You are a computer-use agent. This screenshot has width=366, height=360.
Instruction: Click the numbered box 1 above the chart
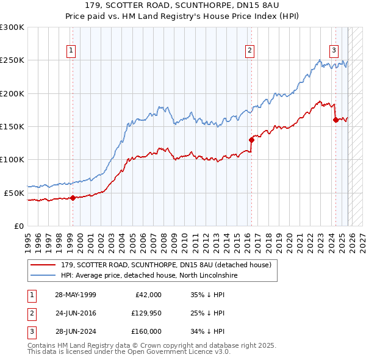[x=72, y=51]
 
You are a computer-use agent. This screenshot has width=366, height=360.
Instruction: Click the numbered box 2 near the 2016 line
[x=250, y=51]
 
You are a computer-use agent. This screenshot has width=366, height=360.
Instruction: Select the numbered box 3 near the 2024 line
[x=334, y=51]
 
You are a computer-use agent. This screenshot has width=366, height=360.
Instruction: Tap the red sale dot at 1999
[x=73, y=198]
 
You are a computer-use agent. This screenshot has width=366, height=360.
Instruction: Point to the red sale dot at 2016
[x=251, y=140]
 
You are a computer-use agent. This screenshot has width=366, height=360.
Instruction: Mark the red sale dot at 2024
[x=335, y=120]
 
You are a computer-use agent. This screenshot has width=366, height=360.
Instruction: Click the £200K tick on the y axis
[x=12, y=93]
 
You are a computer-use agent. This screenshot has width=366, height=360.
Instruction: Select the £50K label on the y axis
[x=14, y=193]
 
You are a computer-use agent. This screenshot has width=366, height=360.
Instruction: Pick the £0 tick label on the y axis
[x=18, y=226]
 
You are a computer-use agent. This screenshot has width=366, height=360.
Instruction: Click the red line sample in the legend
[x=44, y=265]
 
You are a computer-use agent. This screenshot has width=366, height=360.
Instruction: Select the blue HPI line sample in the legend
[x=44, y=275]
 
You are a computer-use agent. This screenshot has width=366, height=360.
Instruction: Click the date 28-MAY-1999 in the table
[x=75, y=295]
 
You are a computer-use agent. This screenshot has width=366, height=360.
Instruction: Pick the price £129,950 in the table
[x=145, y=313]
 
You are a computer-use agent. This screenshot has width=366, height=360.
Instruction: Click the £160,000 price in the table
[x=145, y=331]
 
